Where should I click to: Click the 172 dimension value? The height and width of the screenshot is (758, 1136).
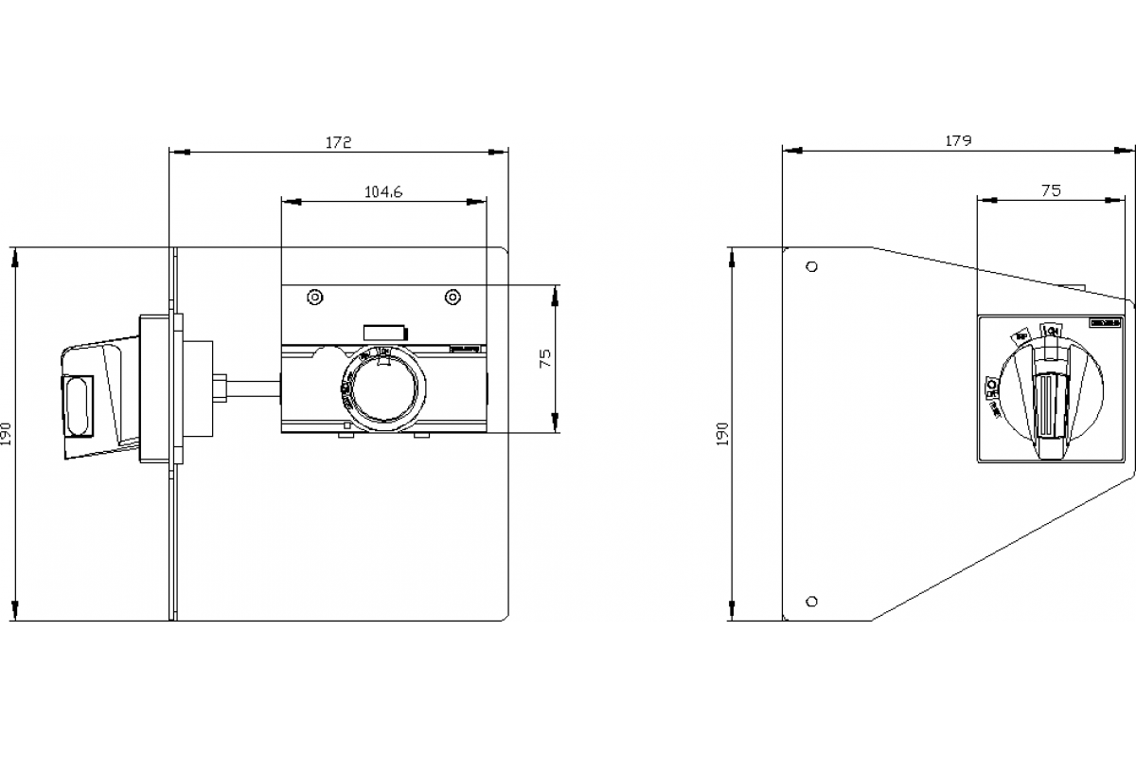pos(339,142)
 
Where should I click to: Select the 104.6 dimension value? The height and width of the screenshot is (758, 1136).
pos(383,191)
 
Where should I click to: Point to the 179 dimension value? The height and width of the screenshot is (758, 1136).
pos(958,141)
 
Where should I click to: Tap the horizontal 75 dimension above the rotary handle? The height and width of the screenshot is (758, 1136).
pos(1051,190)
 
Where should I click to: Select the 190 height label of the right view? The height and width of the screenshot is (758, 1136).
pos(723,434)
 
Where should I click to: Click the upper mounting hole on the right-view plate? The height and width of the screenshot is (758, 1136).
pos(810,266)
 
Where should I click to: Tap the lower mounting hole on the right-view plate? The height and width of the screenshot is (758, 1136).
pos(810,601)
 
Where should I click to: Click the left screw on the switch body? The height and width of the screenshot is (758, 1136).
pos(314,298)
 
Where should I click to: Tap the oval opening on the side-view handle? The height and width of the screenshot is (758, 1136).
pos(78,407)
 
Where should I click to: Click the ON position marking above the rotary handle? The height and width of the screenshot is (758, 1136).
pos(1049,329)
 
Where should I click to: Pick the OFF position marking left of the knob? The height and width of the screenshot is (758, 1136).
pos(990,386)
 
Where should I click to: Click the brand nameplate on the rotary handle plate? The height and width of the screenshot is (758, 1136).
pos(1105,323)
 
